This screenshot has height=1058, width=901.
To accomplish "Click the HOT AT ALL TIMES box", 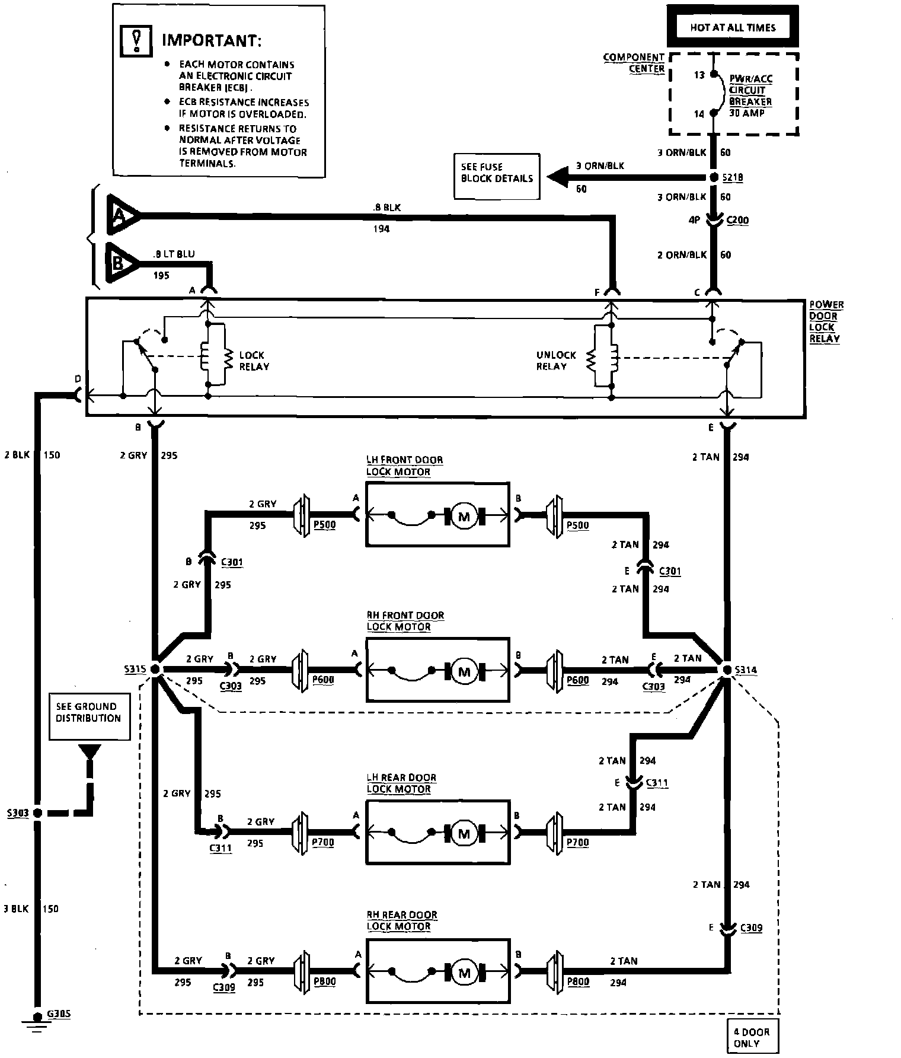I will [x=732, y=27].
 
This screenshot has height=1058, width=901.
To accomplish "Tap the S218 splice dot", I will [x=714, y=178].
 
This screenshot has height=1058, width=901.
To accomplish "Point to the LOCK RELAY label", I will [x=254, y=361].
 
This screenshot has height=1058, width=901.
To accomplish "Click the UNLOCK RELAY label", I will [x=555, y=361].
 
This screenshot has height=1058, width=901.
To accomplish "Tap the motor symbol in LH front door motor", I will [x=464, y=517].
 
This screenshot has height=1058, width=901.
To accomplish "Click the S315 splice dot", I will [x=155, y=670].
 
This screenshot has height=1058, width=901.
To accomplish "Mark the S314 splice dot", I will [x=727, y=670].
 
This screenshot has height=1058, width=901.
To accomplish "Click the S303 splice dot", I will [x=37, y=812].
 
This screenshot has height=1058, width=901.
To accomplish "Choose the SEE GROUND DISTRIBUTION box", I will [x=89, y=717].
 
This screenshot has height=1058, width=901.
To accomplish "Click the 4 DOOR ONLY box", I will [x=751, y=1037].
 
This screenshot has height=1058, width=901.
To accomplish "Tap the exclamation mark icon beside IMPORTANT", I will [x=136, y=41].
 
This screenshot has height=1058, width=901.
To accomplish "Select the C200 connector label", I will [x=737, y=220].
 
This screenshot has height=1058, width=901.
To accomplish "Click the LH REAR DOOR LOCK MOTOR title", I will [x=401, y=783].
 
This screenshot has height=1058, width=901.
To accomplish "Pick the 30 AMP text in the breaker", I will [x=746, y=113].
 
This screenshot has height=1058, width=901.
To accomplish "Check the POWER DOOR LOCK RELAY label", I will [x=826, y=321].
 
